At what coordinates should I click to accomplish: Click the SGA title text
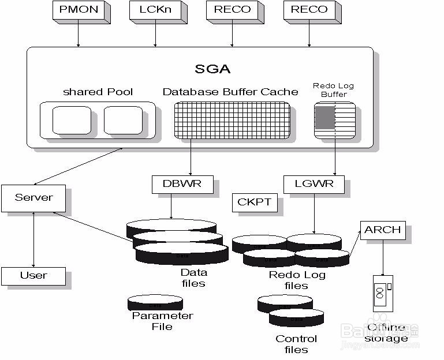pyautogui.click(x=212, y=69)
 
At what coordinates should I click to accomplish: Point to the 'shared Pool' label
pyautogui.click(x=98, y=92)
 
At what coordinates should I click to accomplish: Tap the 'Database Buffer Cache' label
pyautogui.click(x=230, y=92)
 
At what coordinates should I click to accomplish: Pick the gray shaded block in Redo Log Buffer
pyautogui.click(x=324, y=117)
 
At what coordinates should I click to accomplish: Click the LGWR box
pyautogui.click(x=308, y=185)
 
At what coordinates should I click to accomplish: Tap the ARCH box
pyautogui.click(x=382, y=230)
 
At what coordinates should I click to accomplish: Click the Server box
pyautogui.click(x=33, y=198)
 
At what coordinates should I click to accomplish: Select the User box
pyautogui.click(x=33, y=275)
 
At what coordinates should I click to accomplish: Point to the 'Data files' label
pyautogui.click(x=193, y=278)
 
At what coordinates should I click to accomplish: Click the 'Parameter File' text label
pyautogui.click(x=162, y=321)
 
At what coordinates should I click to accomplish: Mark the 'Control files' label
pyautogui.click(x=296, y=344)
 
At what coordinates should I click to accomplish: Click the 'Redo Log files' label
pyautogui.click(x=297, y=280)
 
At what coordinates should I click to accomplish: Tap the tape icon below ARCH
pyautogui.click(x=382, y=292)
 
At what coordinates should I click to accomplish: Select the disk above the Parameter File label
pyautogui.click(x=155, y=303)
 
